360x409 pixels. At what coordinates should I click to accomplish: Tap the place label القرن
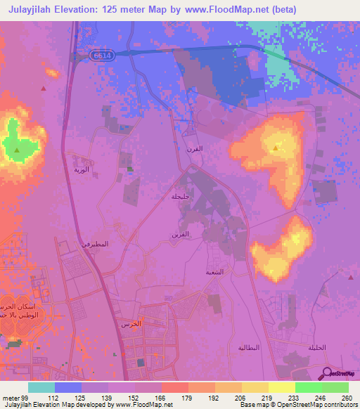coord(194,149)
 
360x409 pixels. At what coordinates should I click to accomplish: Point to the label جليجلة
coord(181,197)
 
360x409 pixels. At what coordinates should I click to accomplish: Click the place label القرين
coord(181,233)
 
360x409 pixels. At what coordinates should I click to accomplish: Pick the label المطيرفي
coord(96,244)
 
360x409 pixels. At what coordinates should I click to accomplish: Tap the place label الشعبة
coord(214,271)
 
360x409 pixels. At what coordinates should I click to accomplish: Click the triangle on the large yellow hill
coord(276,148)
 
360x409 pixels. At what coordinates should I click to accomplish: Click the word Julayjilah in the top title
coord(36,10)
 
